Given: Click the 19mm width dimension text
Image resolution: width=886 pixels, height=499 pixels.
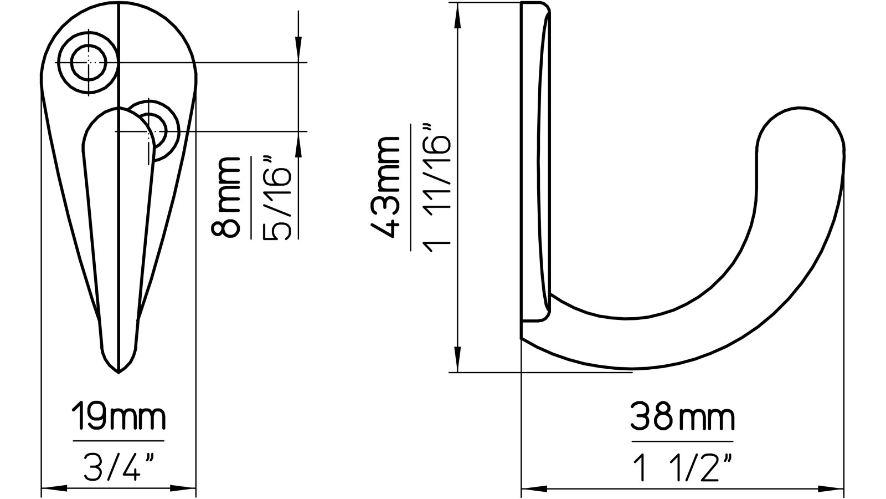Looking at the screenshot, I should click(x=118, y=419).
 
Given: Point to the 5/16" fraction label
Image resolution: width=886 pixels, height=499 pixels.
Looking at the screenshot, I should click(x=276, y=197).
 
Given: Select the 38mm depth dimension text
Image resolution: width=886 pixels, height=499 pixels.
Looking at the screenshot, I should click(x=682, y=418).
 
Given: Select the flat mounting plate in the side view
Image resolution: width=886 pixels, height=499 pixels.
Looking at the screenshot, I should click(x=535, y=161).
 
